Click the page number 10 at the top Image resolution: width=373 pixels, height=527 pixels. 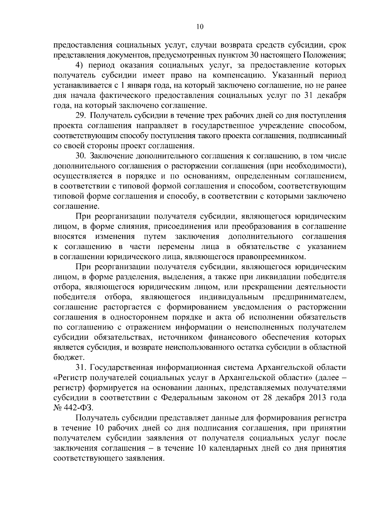click(x=200, y=27)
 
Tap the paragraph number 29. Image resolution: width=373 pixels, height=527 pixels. click(x=81, y=116)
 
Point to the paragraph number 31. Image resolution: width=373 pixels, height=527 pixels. click(x=81, y=367)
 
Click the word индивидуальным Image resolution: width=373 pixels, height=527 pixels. click(x=232, y=297)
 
